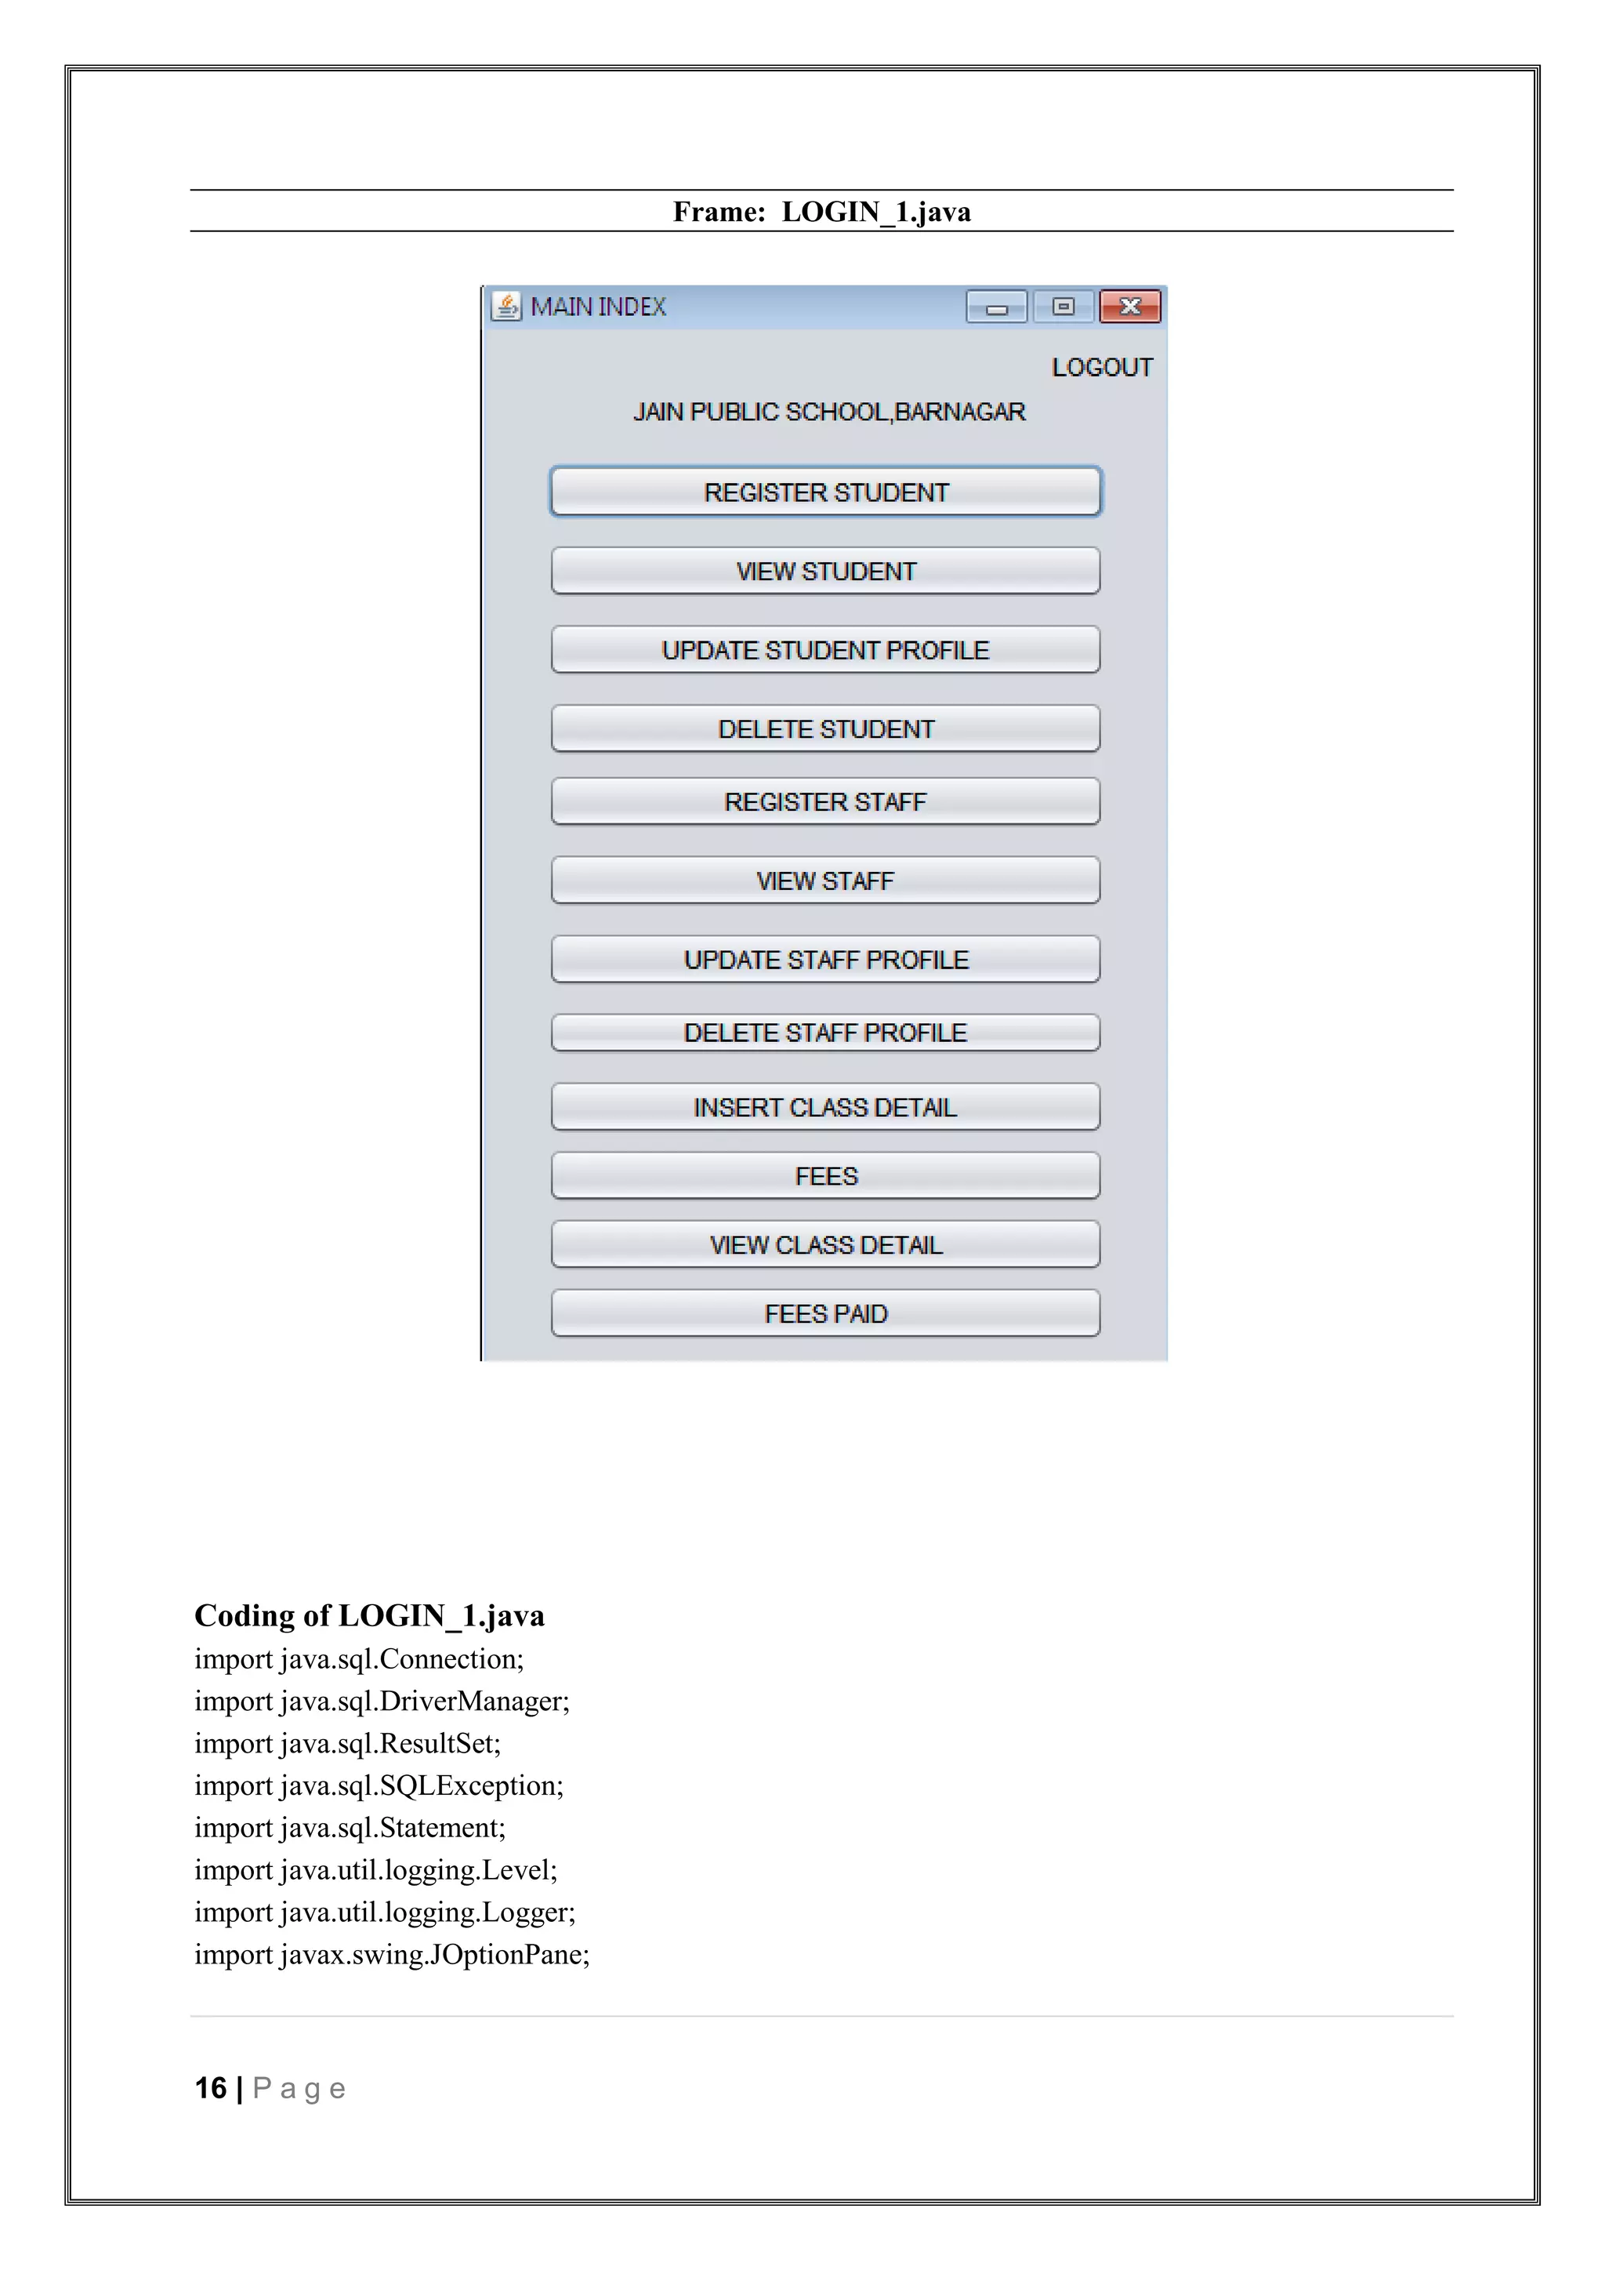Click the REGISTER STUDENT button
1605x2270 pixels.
(825, 492)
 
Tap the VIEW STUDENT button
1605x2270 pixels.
(825, 572)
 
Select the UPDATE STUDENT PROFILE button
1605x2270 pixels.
(825, 651)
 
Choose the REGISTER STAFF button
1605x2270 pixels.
(825, 802)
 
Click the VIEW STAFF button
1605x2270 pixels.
(825, 881)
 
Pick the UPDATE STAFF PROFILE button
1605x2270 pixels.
(825, 960)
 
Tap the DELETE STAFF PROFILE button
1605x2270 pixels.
(825, 1033)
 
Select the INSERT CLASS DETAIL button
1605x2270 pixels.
(825, 1107)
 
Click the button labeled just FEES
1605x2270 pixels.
(825, 1176)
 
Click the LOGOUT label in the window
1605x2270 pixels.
(1102, 368)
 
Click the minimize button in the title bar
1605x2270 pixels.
(996, 308)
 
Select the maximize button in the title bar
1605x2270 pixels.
(1063, 307)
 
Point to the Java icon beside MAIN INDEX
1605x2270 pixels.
(506, 307)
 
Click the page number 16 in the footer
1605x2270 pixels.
(211, 2088)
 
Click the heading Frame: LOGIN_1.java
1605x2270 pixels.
(821, 212)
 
